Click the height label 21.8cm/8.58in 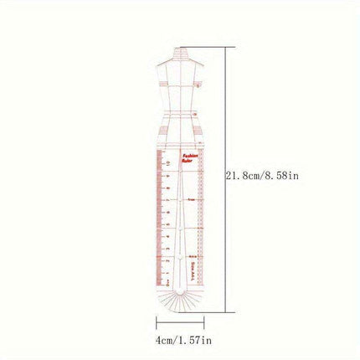pos(264,175)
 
